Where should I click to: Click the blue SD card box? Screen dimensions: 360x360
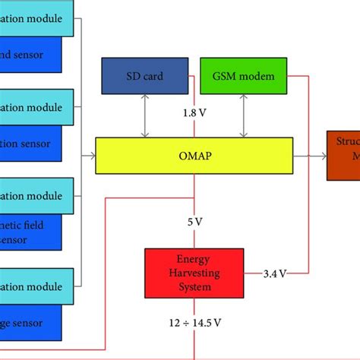pos(144,76)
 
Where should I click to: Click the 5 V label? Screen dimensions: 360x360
pos(195,223)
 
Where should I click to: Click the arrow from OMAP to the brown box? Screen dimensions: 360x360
pos(309,155)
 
